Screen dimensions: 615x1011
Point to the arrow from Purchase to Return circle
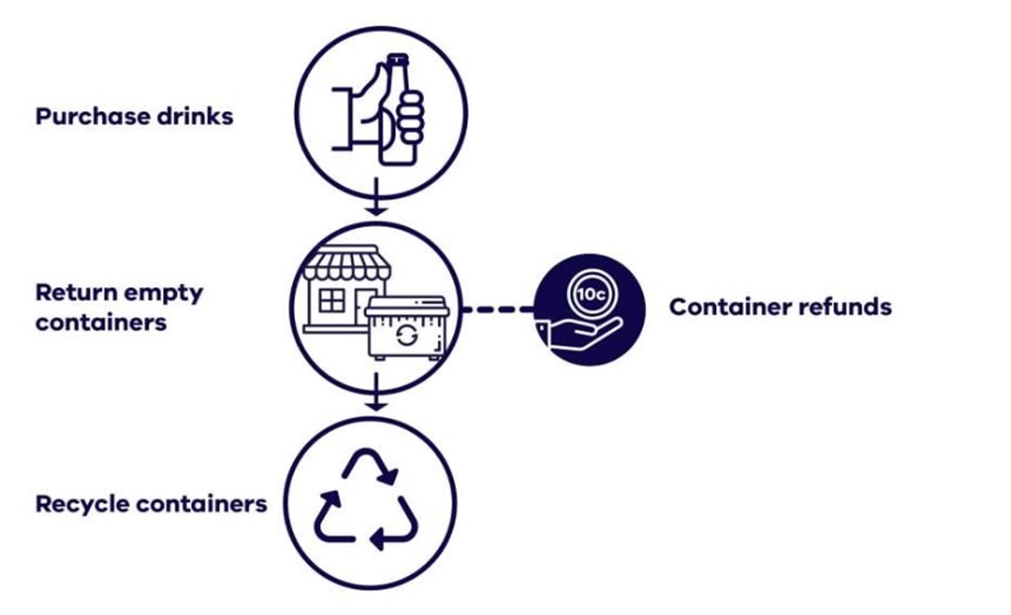pos(375,201)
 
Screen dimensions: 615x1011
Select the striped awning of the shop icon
pos(347,265)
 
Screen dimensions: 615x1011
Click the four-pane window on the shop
pos(332,300)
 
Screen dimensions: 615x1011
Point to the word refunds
pos(847,307)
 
